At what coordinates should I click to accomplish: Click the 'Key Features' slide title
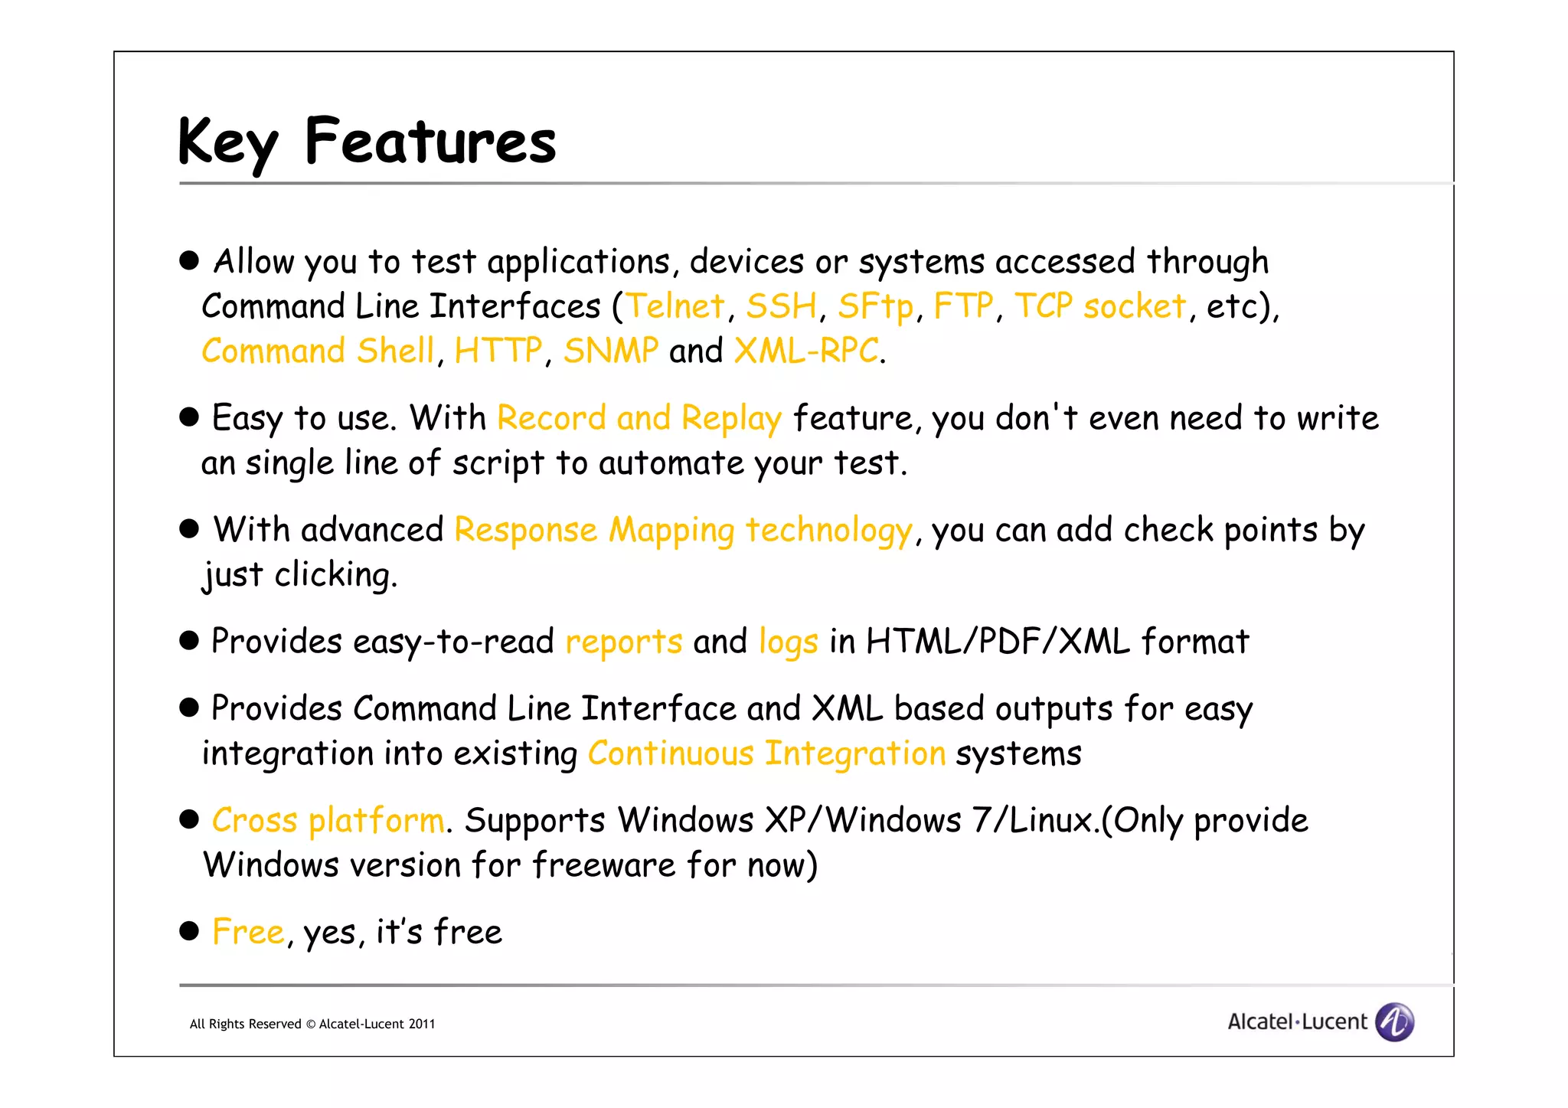pyautogui.click(x=367, y=142)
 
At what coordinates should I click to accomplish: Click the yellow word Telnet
pyautogui.click(x=675, y=306)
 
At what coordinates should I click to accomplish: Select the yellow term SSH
pyautogui.click(x=781, y=306)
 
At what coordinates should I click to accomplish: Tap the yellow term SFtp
pyautogui.click(x=875, y=306)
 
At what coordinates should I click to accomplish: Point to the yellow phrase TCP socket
pyautogui.click(x=1100, y=306)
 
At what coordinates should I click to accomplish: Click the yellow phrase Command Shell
pyautogui.click(x=318, y=351)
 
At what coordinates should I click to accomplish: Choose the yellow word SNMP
pyautogui.click(x=610, y=351)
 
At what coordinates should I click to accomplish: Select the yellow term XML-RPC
pyautogui.click(x=806, y=351)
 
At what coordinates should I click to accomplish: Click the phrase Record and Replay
pyautogui.click(x=639, y=419)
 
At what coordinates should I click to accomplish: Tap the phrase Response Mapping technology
pyautogui.click(x=683, y=531)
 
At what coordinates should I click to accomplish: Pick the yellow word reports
pyautogui.click(x=623, y=642)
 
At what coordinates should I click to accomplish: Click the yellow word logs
pyautogui.click(x=788, y=642)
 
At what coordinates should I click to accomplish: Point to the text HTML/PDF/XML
pyautogui.click(x=998, y=642)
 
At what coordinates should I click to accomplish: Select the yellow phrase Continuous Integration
pyautogui.click(x=766, y=753)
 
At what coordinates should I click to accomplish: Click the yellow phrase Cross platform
pyautogui.click(x=328, y=821)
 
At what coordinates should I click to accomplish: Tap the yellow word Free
pyautogui.click(x=248, y=933)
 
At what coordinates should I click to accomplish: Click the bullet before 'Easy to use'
pyautogui.click(x=189, y=417)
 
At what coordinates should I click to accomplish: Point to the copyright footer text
pyautogui.click(x=312, y=1025)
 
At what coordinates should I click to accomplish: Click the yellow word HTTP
pyautogui.click(x=498, y=351)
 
